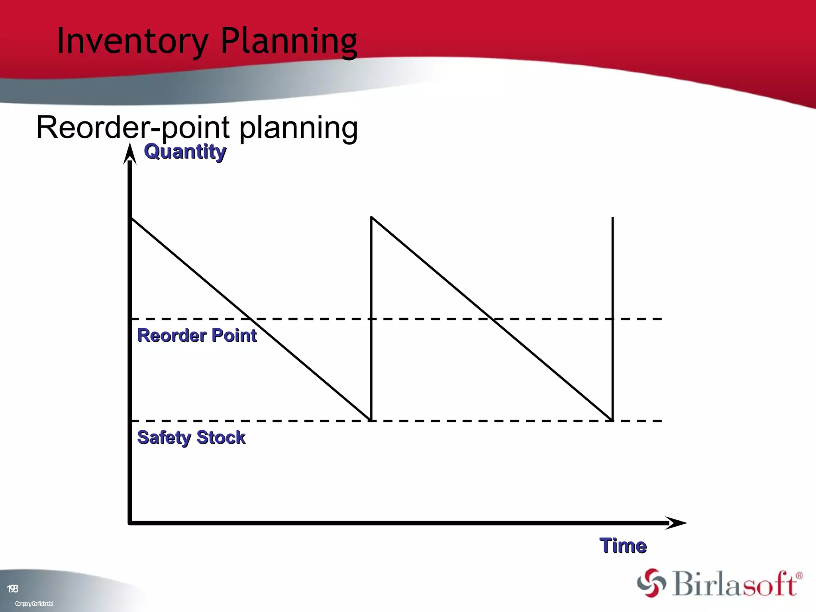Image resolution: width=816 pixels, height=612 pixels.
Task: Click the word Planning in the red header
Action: click(x=288, y=41)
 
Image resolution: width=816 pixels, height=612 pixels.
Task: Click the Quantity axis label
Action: click(x=185, y=151)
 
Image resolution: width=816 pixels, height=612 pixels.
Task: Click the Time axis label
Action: click(x=623, y=545)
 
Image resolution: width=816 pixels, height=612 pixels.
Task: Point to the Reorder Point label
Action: click(x=197, y=335)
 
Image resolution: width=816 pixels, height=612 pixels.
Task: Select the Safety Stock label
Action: click(x=191, y=437)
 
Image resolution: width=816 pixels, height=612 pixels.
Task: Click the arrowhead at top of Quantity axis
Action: click(x=130, y=155)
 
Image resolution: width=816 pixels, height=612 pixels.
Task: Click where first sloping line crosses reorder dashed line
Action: click(x=251, y=319)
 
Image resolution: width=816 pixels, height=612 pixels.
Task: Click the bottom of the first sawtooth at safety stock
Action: click(x=371, y=420)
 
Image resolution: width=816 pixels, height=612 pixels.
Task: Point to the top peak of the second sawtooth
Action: click(x=371, y=218)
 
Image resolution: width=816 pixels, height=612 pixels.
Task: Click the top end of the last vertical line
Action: click(x=612, y=218)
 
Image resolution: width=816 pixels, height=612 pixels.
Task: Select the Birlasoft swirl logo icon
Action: click(x=651, y=583)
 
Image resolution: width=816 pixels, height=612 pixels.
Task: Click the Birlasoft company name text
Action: click(x=735, y=583)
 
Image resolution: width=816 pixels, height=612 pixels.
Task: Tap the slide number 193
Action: click(x=12, y=588)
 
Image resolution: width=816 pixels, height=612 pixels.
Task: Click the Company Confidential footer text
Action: click(x=34, y=604)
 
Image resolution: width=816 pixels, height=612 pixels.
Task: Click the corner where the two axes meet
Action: click(x=130, y=522)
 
